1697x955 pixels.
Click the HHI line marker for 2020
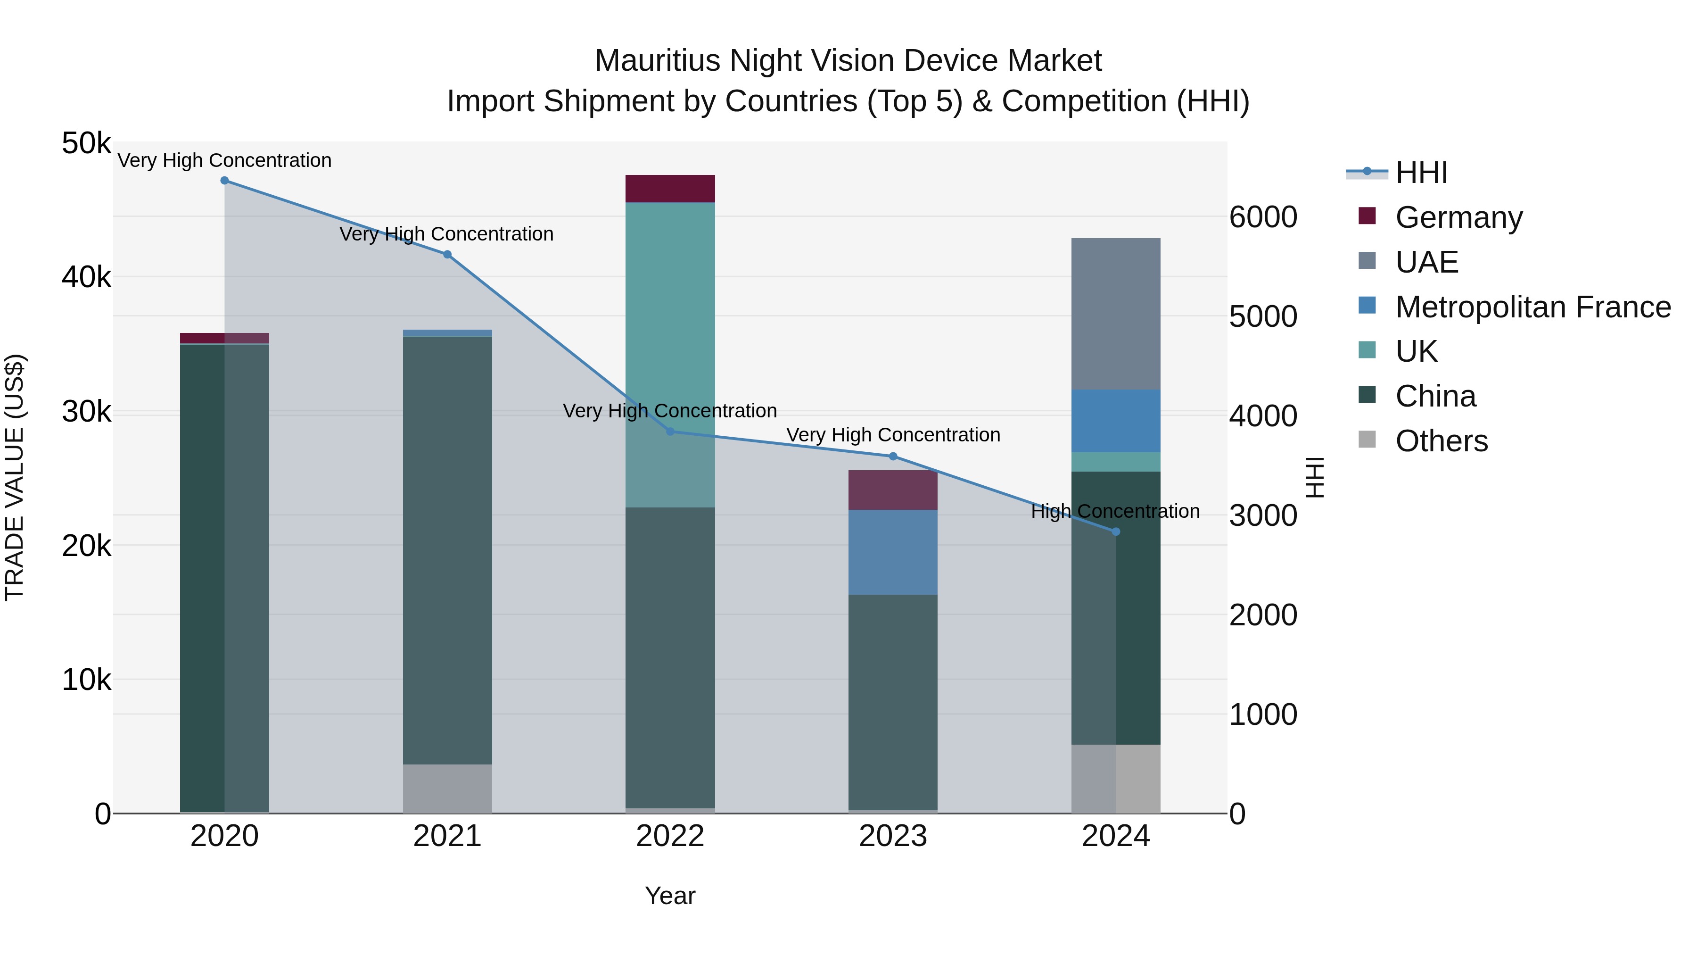point(225,181)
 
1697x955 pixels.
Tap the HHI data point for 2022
point(670,432)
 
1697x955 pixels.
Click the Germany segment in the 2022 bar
point(670,189)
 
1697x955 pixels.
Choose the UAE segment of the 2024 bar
point(1115,314)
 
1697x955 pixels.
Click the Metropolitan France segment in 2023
point(893,552)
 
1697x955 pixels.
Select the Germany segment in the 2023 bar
point(893,490)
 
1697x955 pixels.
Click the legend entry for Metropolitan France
point(1532,307)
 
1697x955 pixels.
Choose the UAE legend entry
point(1426,262)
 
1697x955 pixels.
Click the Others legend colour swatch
point(1367,440)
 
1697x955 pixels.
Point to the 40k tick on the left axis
point(86,277)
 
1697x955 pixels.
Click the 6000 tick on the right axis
point(1263,217)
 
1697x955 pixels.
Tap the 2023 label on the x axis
point(893,836)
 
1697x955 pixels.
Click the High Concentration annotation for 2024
point(1115,511)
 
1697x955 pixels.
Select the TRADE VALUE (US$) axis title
point(15,477)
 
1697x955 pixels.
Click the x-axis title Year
point(670,896)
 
